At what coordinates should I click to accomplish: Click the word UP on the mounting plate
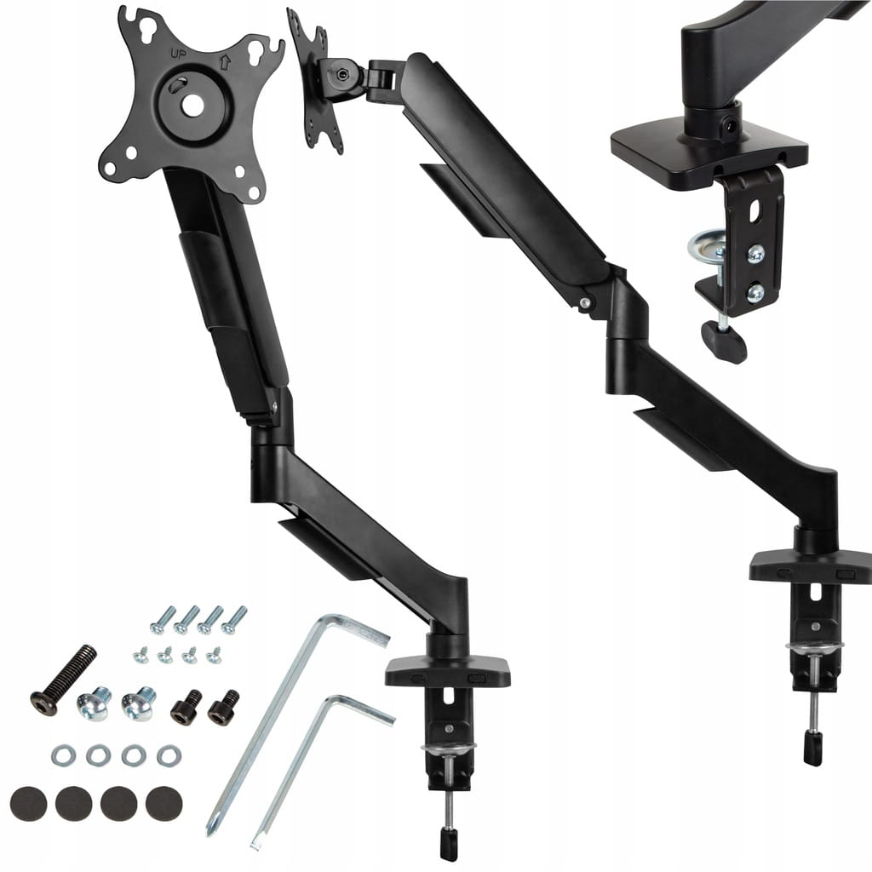coord(179,54)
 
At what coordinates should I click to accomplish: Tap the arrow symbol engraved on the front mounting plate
coord(225,61)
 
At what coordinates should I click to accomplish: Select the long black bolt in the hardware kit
coord(63,680)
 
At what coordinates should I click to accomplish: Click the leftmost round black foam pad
coord(28,804)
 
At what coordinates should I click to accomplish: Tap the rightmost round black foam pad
coord(164,802)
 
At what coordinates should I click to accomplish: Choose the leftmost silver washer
coord(63,756)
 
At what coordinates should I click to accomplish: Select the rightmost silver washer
coord(169,755)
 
